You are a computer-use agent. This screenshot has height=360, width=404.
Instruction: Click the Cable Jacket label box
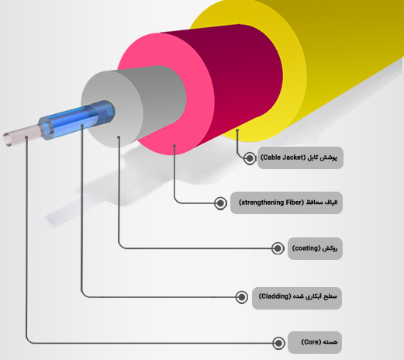[300, 157]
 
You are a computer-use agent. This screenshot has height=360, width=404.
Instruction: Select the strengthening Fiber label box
[286, 202]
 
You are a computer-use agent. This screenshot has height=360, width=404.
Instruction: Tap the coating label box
[315, 248]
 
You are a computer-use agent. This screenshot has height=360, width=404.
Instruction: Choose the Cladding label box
[297, 298]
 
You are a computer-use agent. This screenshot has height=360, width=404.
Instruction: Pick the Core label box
[315, 342]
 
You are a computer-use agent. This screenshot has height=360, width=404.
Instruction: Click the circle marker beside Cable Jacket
[250, 158]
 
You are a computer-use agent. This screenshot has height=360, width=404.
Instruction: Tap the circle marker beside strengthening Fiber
[220, 203]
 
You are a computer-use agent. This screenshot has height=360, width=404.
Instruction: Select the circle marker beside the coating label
[278, 248]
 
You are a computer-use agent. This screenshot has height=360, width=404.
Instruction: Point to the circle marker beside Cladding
[242, 297]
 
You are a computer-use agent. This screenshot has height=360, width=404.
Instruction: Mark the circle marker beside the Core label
[278, 343]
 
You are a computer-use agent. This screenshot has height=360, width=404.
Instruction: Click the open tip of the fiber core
[7, 139]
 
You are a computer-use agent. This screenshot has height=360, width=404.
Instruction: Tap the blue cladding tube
[78, 119]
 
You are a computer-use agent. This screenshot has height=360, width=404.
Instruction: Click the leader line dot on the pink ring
[174, 146]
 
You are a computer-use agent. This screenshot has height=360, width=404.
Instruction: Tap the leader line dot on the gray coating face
[119, 137]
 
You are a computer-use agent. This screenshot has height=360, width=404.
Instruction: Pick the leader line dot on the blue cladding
[82, 126]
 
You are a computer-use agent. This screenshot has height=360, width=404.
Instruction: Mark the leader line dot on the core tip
[26, 137]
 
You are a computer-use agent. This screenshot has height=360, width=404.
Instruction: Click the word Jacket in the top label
[293, 157]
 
